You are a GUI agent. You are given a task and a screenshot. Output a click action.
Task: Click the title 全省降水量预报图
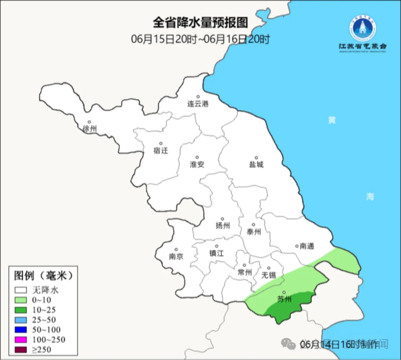click(200, 23)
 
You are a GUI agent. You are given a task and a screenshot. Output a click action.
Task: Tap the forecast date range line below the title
click(200, 39)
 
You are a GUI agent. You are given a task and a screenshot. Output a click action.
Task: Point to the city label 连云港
click(198, 104)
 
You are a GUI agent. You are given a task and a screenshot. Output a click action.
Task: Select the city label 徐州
click(90, 129)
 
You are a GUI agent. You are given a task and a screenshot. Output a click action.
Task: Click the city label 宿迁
click(160, 150)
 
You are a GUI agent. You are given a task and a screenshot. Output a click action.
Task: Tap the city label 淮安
click(197, 164)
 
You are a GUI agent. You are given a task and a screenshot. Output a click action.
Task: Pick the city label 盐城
click(256, 164)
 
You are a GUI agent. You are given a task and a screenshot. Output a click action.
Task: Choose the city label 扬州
click(222, 226)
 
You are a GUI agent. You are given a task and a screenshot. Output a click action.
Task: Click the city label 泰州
click(253, 232)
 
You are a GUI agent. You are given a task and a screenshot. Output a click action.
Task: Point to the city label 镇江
click(216, 252)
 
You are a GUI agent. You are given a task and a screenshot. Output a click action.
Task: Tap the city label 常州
click(244, 272)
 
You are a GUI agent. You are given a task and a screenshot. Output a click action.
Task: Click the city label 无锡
click(268, 275)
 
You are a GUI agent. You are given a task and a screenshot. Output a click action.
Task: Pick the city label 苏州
click(284, 299)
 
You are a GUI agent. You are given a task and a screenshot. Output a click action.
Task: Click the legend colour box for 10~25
click(22, 310)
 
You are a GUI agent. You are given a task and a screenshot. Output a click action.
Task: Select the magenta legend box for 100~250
click(22, 340)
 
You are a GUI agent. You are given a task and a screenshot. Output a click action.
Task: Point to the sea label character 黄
click(332, 120)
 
